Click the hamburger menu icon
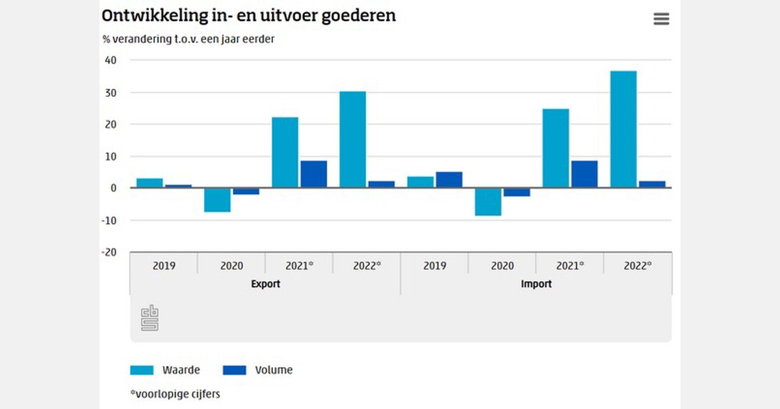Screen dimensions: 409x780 661,19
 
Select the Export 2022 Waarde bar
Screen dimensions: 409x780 352,140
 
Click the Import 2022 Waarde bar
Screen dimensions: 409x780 623,129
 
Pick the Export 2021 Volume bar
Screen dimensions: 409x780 313,174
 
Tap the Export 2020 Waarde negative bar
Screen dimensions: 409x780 217,200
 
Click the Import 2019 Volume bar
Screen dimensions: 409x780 448,180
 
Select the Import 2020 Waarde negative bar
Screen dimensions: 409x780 487,202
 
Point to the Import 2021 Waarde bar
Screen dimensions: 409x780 556,148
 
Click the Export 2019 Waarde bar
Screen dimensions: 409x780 149,183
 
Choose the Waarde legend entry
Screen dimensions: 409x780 165,370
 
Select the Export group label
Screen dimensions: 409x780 265,284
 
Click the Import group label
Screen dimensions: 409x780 536,284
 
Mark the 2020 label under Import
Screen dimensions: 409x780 502,266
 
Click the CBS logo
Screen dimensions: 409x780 150,318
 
